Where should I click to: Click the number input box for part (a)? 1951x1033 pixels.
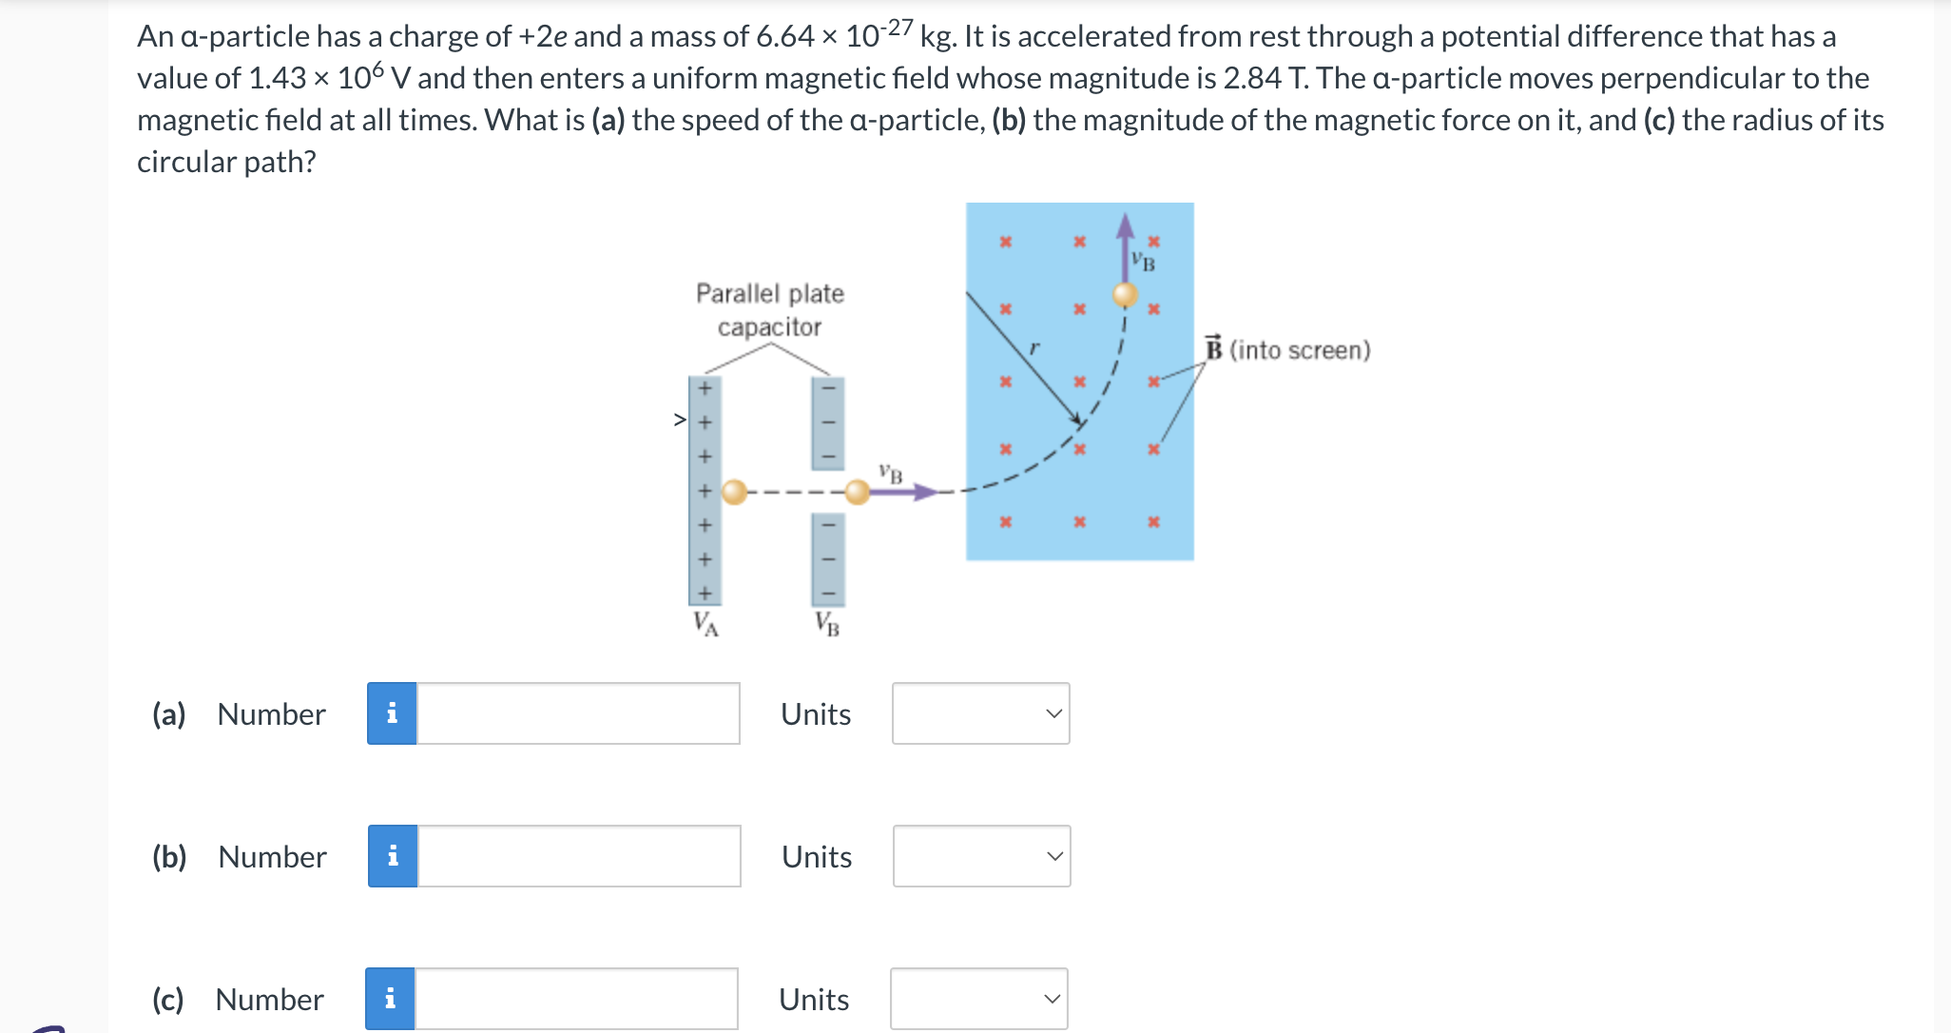point(578,713)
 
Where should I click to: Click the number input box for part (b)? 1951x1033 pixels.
point(579,856)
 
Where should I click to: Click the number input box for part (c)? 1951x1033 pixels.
point(576,999)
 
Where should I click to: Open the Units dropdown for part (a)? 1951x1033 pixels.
point(980,713)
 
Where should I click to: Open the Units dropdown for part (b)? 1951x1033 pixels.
point(981,856)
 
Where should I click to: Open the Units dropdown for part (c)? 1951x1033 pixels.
point(978,999)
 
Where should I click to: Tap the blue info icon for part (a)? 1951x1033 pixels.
point(392,713)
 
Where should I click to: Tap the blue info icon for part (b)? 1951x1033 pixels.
point(393,856)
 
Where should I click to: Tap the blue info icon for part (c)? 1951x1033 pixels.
point(390,999)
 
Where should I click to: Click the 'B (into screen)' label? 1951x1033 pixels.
point(1288,350)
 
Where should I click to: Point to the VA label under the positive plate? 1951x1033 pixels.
point(705,624)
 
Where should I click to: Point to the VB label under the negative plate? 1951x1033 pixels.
point(827,624)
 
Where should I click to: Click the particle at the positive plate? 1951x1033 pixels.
point(734,492)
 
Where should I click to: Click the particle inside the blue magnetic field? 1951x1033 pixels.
point(1126,294)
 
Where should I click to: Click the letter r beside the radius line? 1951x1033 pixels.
point(1034,348)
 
